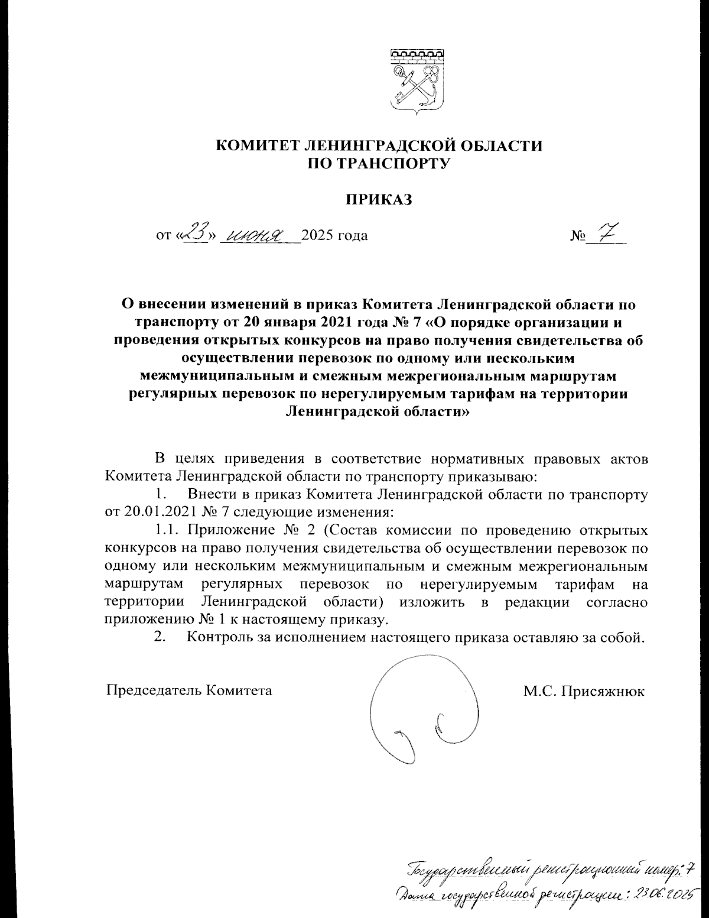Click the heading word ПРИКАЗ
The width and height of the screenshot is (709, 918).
(378, 200)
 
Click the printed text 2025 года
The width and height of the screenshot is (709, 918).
(334, 236)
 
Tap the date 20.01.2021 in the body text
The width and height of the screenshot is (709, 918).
(151, 511)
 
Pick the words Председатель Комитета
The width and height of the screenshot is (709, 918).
(189, 690)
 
